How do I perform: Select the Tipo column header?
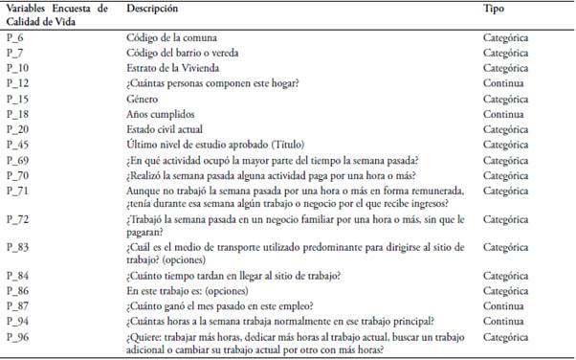pyautogui.click(x=496, y=8)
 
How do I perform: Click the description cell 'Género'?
pyautogui.click(x=143, y=99)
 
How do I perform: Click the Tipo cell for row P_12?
pyautogui.click(x=504, y=83)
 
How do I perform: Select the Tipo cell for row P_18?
pyautogui.click(x=504, y=114)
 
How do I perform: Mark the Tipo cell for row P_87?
pyautogui.click(x=504, y=305)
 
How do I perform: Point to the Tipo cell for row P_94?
pyautogui.click(x=504, y=321)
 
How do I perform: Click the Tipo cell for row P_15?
pyautogui.click(x=507, y=99)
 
